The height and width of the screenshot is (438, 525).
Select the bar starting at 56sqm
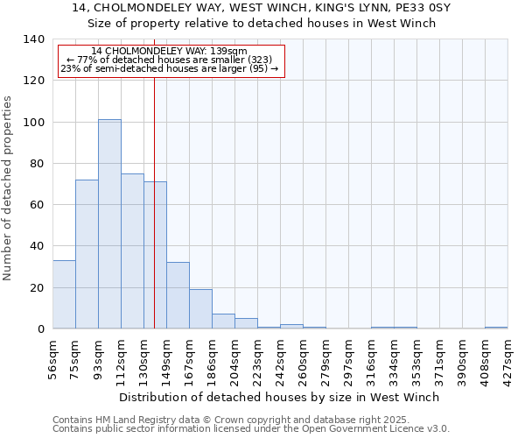(x=64, y=294)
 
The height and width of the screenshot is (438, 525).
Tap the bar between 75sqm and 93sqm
(x=87, y=254)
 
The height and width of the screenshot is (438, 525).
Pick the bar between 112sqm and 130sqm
(x=132, y=251)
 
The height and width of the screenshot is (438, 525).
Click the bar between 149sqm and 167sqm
(x=178, y=295)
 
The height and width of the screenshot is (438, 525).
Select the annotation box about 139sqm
(x=171, y=60)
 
